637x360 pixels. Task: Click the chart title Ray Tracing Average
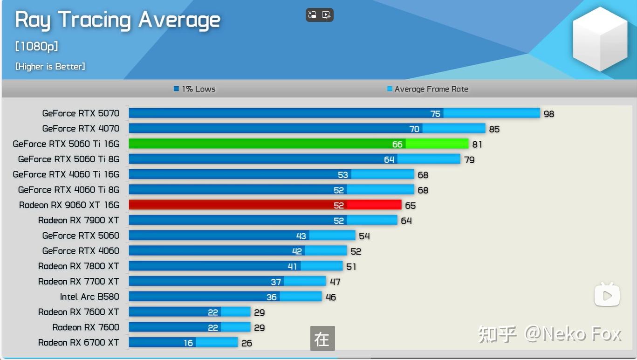pos(117,21)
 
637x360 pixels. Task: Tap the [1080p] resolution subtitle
pos(37,47)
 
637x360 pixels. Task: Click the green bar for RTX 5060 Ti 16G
pos(298,144)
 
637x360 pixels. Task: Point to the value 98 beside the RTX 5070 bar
pos(549,114)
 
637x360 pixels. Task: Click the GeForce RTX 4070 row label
pos(81,129)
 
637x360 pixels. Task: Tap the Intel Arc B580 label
pos(89,297)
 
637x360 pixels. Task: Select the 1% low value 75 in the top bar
pos(435,114)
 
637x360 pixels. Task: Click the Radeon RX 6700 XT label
pos(79,343)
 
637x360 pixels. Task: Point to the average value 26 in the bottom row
pos(247,343)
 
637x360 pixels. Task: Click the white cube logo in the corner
pos(600,39)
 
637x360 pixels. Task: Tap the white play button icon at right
pos(607,295)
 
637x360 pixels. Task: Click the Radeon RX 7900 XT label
pos(79,220)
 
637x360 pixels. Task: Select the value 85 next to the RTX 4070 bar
pos(494,129)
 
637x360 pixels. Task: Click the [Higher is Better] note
pos(50,67)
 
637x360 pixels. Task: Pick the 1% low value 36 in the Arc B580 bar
pos(272,297)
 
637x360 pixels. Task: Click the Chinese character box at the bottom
pos(322,339)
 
